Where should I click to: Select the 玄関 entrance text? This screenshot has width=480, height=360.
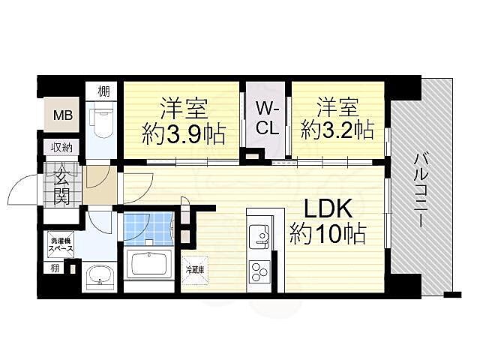point(61,187)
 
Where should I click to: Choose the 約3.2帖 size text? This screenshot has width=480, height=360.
point(337,130)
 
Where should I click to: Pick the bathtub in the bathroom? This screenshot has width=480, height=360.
point(151,264)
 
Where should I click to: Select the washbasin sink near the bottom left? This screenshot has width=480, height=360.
point(98,277)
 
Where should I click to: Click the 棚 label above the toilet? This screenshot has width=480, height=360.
point(103,91)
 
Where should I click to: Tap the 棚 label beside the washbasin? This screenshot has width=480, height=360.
point(55,268)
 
